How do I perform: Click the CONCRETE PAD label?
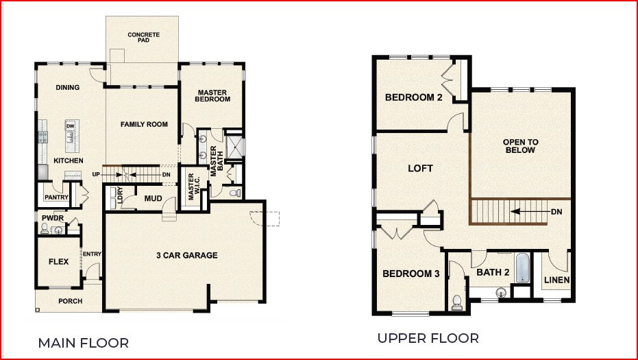click(x=144, y=37)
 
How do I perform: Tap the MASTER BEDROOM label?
click(x=212, y=96)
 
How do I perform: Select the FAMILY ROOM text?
click(x=144, y=124)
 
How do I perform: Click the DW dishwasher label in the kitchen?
click(x=70, y=126)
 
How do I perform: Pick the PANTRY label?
click(x=56, y=197)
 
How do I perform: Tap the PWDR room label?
click(x=52, y=218)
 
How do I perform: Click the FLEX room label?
click(x=58, y=262)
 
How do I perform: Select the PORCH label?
click(x=70, y=301)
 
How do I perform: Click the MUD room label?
click(x=153, y=199)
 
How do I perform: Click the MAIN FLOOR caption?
click(x=83, y=342)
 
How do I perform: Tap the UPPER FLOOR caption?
click(x=428, y=338)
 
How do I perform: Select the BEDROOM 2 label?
click(x=413, y=97)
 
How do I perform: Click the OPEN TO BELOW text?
click(x=522, y=146)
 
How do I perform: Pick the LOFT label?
click(x=420, y=168)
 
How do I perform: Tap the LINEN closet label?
click(x=556, y=280)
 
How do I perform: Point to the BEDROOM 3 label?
click(x=410, y=274)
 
